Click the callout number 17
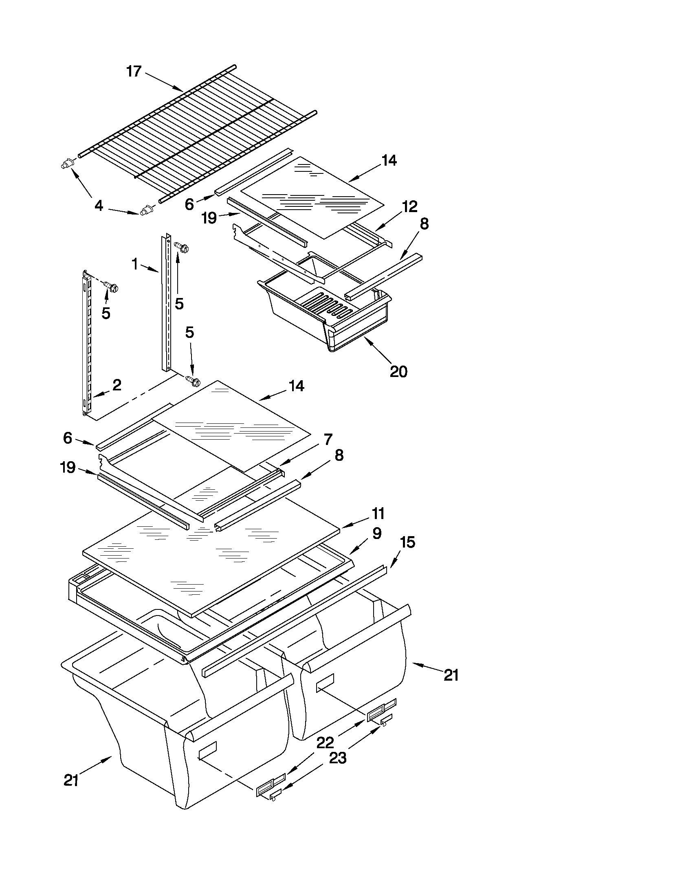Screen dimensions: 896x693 coord(134,71)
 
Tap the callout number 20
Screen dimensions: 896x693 coord(398,371)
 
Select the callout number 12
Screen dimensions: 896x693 coord(409,206)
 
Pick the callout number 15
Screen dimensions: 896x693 coord(407,542)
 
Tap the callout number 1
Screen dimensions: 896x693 coord(135,265)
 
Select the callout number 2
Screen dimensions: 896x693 coord(117,385)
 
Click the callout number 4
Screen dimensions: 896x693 coord(99,206)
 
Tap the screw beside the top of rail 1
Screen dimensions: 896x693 coord(181,247)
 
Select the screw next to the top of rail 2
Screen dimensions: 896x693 coord(111,286)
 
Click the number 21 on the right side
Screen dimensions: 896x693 coord(451,675)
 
